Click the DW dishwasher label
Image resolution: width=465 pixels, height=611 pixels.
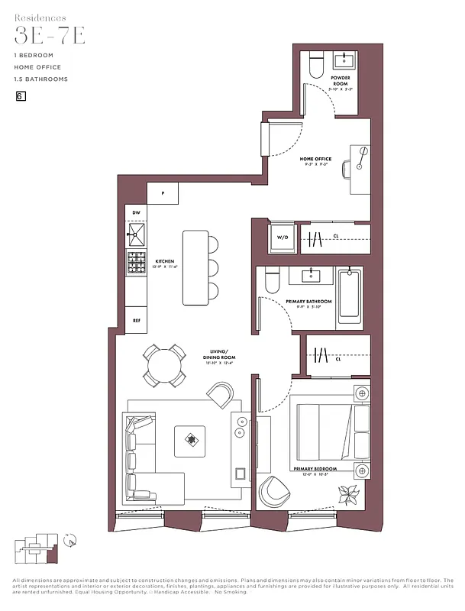coord(136,212)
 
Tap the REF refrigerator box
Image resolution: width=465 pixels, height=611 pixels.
coord(137,321)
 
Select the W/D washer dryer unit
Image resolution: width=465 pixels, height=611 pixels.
coord(283,238)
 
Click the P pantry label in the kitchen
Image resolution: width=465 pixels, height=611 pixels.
coord(163,193)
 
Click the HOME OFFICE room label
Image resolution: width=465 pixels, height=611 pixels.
coord(315,160)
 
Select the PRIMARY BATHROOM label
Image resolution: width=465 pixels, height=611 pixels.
coord(308,302)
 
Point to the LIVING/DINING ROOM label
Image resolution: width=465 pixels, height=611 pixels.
coord(219,354)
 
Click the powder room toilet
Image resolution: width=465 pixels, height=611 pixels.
coord(317,66)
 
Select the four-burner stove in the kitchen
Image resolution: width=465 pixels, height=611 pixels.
coord(137,262)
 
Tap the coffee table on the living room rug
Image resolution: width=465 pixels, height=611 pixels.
coord(189,439)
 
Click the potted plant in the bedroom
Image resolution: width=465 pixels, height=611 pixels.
coord(352,494)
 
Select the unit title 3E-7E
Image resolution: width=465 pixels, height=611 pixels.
coord(50,36)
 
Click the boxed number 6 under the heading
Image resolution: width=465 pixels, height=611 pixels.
coord(20,96)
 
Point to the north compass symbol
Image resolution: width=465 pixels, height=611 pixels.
coord(70,541)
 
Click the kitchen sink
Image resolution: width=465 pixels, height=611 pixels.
coord(137,232)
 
